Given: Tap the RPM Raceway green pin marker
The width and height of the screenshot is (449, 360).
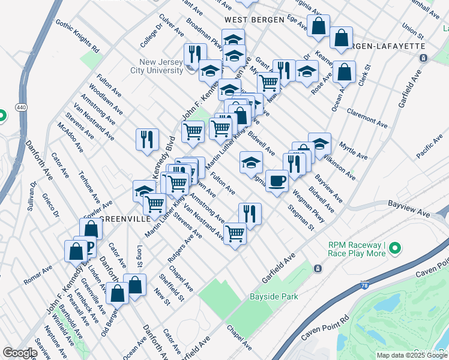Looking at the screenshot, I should (394, 248).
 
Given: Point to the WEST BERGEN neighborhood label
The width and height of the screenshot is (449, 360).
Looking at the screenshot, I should (254, 20).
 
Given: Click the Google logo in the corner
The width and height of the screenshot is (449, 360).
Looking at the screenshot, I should (20, 353).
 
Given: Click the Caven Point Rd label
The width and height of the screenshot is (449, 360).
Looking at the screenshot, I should (325, 328).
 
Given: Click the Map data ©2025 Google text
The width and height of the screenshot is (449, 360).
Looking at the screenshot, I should (412, 355).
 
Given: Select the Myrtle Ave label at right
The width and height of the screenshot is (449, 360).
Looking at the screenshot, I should (352, 150).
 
